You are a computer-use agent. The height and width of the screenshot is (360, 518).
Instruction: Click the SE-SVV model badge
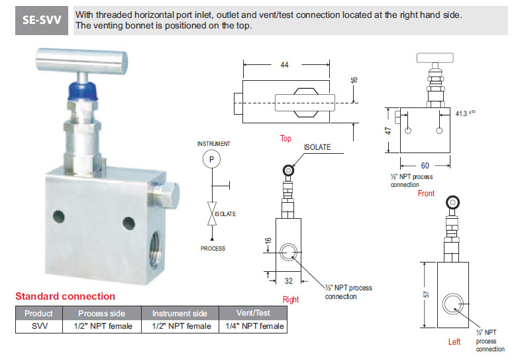(41, 20)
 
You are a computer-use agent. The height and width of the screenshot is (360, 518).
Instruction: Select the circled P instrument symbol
(212, 159)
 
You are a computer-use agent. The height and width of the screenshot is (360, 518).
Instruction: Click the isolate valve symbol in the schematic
(212, 214)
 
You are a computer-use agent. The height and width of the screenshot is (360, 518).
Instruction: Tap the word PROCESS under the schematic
(213, 249)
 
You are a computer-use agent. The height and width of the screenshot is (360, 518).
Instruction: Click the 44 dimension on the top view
(284, 65)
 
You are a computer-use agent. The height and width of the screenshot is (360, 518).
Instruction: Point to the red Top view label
(285, 139)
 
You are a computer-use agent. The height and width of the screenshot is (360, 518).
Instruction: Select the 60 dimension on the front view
(424, 165)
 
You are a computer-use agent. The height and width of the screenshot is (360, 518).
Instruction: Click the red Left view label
(454, 342)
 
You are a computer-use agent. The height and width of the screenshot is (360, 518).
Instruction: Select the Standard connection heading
(65, 296)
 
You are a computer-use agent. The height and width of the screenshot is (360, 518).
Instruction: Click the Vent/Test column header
(253, 313)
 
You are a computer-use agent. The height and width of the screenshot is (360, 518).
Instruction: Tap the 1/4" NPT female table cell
(253, 326)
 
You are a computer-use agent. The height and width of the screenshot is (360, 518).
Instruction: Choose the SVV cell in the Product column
(38, 326)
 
